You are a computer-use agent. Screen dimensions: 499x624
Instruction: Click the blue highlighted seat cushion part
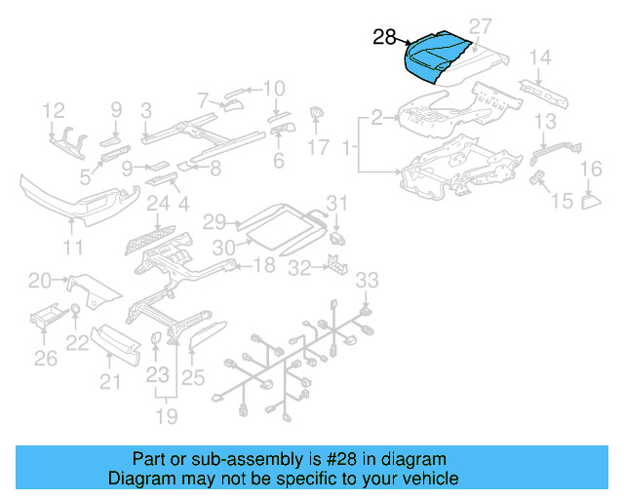click(435, 57)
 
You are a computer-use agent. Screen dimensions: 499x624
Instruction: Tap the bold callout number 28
click(384, 37)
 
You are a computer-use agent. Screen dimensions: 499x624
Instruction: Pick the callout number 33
click(365, 281)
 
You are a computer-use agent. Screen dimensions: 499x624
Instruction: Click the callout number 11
click(73, 248)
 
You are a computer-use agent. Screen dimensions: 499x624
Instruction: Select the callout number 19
click(169, 417)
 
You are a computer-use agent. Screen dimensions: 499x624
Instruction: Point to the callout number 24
click(159, 205)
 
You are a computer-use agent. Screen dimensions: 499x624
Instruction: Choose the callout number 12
click(54, 109)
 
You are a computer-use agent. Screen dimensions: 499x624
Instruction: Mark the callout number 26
click(46, 360)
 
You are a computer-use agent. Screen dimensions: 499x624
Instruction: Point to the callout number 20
click(40, 281)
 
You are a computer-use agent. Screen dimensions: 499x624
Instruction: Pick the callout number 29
click(214, 221)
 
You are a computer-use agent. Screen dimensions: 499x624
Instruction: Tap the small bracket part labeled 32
click(334, 264)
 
